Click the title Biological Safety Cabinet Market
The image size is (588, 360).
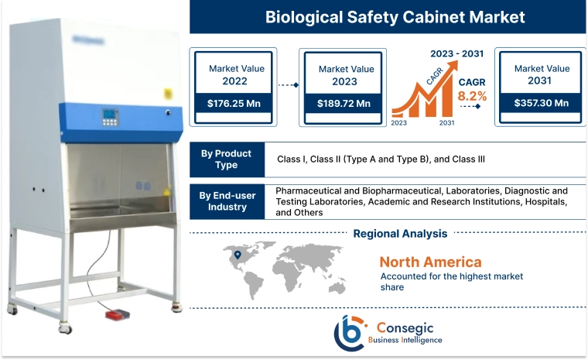click(385, 16)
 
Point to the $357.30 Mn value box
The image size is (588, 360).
click(539, 103)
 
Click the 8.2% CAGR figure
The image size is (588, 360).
click(472, 97)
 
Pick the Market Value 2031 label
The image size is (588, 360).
click(539, 74)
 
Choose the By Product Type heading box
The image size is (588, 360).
click(227, 159)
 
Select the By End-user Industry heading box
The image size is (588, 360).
click(227, 201)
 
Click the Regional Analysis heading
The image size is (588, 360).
click(400, 233)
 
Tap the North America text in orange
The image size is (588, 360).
click(430, 262)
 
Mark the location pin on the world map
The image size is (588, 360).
click(238, 255)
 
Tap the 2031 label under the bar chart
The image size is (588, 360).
click(446, 123)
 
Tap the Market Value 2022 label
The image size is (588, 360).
click(236, 74)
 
